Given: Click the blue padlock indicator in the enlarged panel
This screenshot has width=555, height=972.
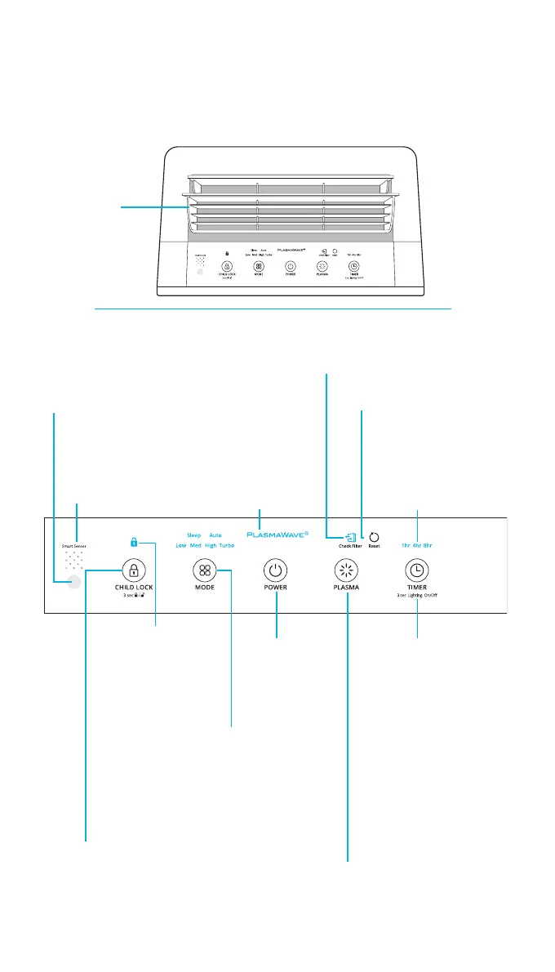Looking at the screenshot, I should click(134, 541).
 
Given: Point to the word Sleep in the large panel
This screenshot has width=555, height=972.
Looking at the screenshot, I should click(193, 535).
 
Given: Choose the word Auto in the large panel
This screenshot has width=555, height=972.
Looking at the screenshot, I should click(215, 535).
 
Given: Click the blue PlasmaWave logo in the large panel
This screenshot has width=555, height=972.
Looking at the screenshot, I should click(277, 535).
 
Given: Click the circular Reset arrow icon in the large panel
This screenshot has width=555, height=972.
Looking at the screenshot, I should click(375, 536).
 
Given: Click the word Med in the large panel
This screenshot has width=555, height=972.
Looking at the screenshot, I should click(196, 545).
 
